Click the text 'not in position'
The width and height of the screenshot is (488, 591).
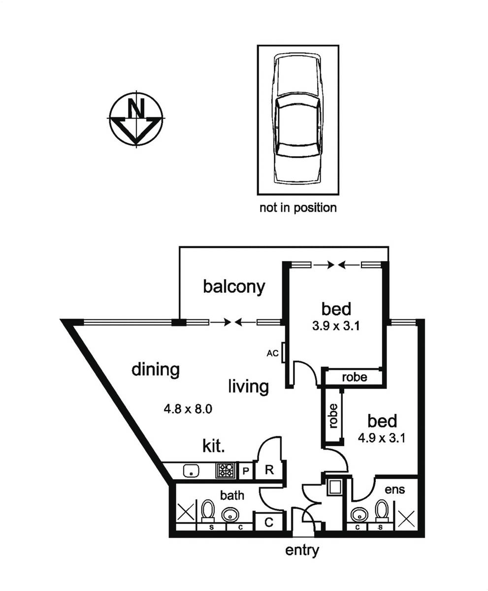click(x=298, y=208)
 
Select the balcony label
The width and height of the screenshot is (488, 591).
click(x=234, y=286)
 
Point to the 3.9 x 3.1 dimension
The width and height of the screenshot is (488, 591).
click(x=336, y=326)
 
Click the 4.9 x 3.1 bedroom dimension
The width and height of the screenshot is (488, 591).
click(x=383, y=438)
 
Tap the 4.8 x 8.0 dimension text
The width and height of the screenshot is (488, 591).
click(x=188, y=409)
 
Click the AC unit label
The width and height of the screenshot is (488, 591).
click(x=272, y=353)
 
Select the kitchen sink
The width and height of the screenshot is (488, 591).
click(x=191, y=471)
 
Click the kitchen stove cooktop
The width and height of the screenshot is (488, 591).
click(x=226, y=471)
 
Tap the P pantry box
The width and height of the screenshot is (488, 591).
click(x=246, y=471)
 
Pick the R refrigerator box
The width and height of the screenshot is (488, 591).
click(x=269, y=470)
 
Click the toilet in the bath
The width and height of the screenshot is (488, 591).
click(x=208, y=511)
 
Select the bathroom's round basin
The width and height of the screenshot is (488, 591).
click(x=229, y=515)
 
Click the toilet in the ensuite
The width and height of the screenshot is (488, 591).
click(x=381, y=510)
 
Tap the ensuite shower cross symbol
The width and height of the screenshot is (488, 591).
click(x=406, y=518)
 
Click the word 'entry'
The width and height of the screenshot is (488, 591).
click(x=302, y=550)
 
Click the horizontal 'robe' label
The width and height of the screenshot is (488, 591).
click(x=354, y=377)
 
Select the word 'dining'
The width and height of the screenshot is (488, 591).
click(x=155, y=369)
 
